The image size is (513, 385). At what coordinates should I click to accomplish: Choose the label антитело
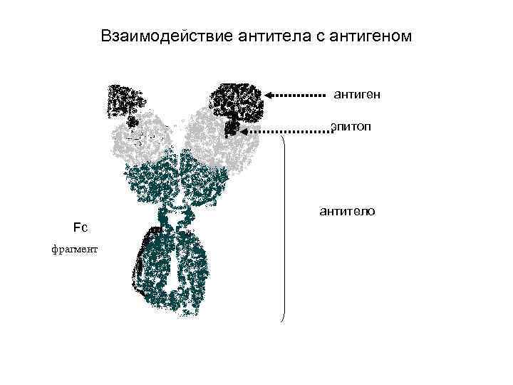[x=348, y=211]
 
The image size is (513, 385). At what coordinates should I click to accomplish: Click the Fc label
[x=79, y=227]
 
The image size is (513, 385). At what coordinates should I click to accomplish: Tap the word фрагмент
[x=74, y=249]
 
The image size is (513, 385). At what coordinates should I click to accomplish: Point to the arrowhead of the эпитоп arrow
[x=244, y=131]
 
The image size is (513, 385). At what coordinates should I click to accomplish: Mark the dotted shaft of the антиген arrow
[x=299, y=94]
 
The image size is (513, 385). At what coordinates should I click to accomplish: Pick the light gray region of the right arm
[x=209, y=139]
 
